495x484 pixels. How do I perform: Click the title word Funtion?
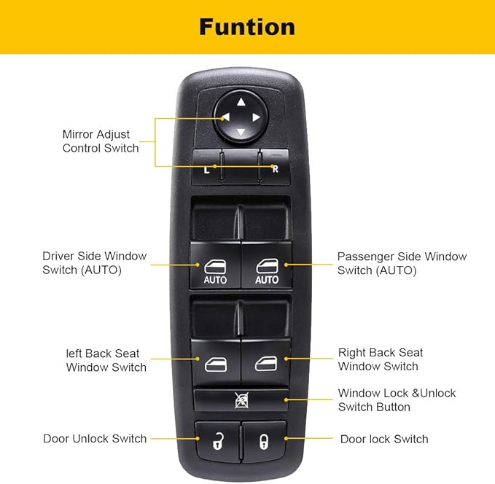pyautogui.click(x=247, y=27)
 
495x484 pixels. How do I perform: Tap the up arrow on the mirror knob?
pyautogui.click(x=241, y=102)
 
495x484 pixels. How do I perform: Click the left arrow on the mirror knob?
pyautogui.click(x=225, y=117)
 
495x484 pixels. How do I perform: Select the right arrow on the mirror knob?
pyautogui.click(x=256, y=117)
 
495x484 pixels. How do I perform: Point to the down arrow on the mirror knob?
pyautogui.click(x=241, y=133)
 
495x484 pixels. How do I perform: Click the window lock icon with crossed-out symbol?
pyautogui.click(x=241, y=399)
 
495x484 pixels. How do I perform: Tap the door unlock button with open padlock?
pyautogui.click(x=217, y=439)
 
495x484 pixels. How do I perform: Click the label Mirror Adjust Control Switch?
pyautogui.click(x=101, y=141)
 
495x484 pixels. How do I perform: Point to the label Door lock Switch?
pyautogui.click(x=384, y=439)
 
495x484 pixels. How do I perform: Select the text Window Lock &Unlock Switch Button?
pyautogui.click(x=397, y=400)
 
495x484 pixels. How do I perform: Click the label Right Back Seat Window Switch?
pyautogui.click(x=380, y=359)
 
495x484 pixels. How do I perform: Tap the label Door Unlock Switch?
pyautogui.click(x=95, y=439)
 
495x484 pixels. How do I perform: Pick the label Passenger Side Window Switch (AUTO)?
pyautogui.click(x=402, y=263)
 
